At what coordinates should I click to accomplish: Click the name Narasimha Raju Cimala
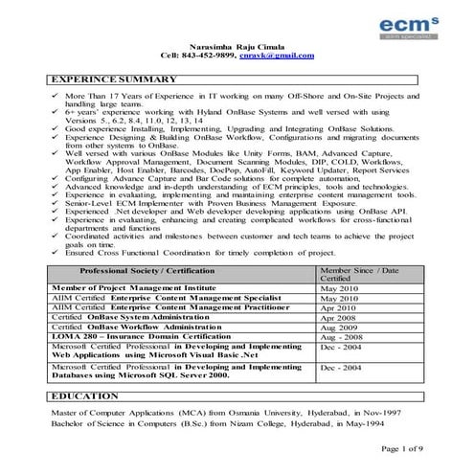point(237,46)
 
